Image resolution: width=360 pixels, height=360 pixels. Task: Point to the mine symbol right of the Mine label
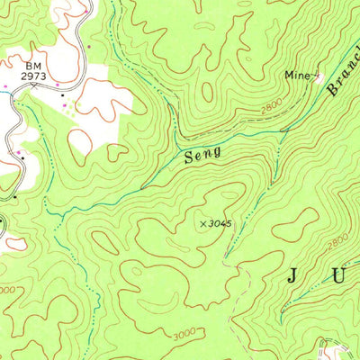coord(316,78)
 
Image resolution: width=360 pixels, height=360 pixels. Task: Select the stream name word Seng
coord(202,156)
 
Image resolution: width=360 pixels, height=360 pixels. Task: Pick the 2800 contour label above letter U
coord(337,241)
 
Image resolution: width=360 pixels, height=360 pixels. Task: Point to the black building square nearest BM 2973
coord(61,94)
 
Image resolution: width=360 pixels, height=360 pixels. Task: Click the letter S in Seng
coord(189,158)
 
